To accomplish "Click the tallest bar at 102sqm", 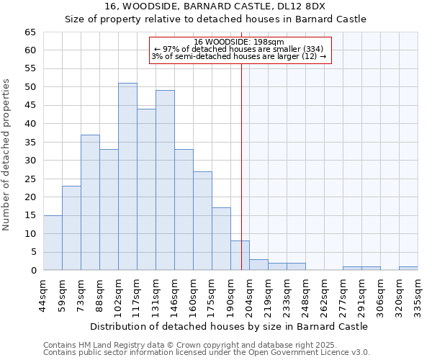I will point(127,177).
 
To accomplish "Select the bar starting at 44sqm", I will point(53,243).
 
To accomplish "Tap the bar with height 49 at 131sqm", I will point(165,181).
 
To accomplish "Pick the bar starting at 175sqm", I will point(221,239).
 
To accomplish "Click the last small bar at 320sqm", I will point(408,269).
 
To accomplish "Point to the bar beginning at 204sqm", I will point(258,265).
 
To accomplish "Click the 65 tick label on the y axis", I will point(30,32).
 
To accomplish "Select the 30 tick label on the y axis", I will point(30,161).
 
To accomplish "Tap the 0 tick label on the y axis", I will point(33,271).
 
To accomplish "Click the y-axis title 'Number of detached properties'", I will point(6,155).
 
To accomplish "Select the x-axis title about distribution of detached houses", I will point(229,326).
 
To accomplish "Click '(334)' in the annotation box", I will point(318,49).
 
